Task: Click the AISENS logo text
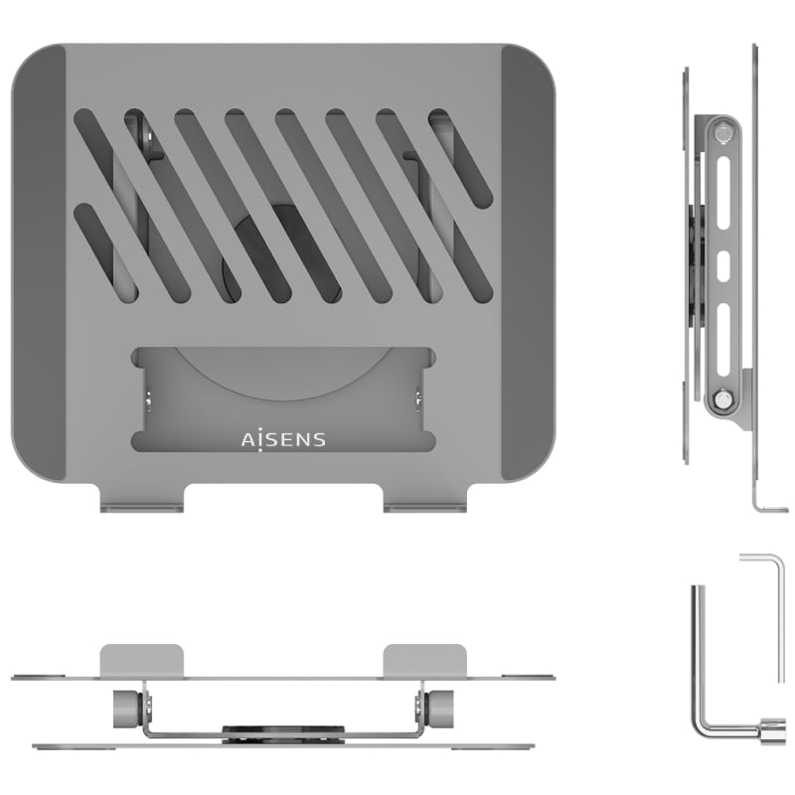point(283,439)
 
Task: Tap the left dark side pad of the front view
point(39,263)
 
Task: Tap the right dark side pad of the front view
point(529,263)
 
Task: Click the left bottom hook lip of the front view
point(141,508)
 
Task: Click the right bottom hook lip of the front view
point(425,508)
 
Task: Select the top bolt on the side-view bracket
point(722,134)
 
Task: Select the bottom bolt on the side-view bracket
point(722,399)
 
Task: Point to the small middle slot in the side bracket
point(723,263)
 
